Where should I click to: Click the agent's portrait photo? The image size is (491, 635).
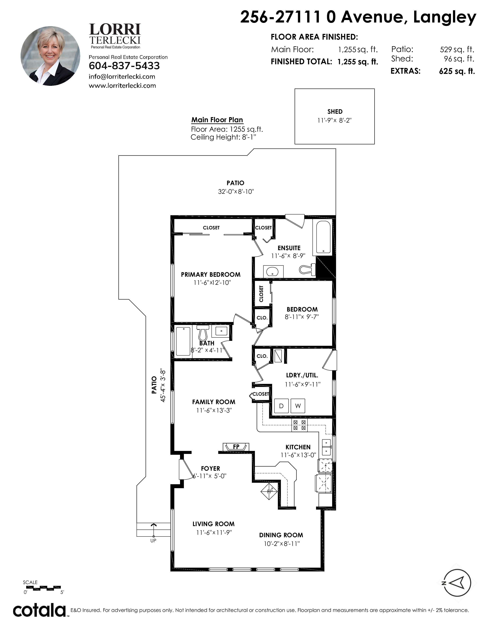[x=50, y=56]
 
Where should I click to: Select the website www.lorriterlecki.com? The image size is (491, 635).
[x=122, y=85]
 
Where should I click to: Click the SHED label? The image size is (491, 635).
[x=335, y=112]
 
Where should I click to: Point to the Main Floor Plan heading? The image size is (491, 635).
[x=217, y=120]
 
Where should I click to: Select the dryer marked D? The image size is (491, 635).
[x=281, y=406]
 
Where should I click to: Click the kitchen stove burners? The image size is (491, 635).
[x=299, y=425]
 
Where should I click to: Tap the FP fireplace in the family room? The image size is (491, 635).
[x=236, y=447]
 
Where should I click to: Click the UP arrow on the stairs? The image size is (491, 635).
[x=153, y=530]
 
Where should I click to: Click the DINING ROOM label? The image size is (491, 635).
[x=281, y=535]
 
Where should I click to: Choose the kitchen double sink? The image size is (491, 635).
[x=327, y=447]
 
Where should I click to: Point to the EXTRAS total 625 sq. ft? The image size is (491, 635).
[x=457, y=71]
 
